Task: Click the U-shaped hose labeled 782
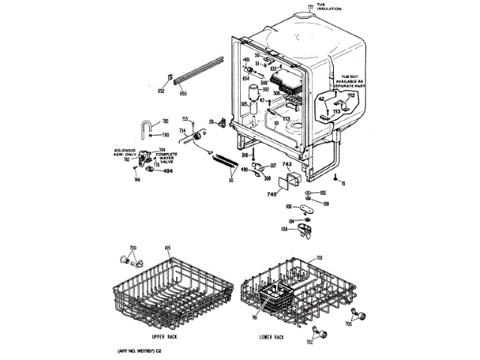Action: [148, 125]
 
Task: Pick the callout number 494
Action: [167, 171]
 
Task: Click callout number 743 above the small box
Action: [286, 163]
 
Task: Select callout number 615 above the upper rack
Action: [168, 248]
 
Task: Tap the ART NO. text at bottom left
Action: [140, 351]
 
